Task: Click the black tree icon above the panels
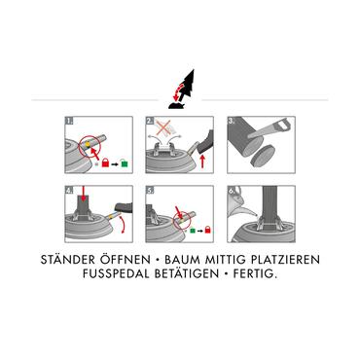pyautogui.click(x=188, y=86)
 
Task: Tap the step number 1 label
pyautogui.click(x=69, y=121)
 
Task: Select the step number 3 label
pyautogui.click(x=232, y=121)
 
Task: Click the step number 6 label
pyautogui.click(x=232, y=191)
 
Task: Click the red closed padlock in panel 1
pyautogui.click(x=105, y=162)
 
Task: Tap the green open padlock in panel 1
pyautogui.click(x=125, y=162)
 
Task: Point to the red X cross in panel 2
pyautogui.click(x=165, y=126)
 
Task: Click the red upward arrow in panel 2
pyautogui.click(x=202, y=162)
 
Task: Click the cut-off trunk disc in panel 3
pyautogui.click(x=263, y=155)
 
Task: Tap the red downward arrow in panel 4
pyautogui.click(x=84, y=193)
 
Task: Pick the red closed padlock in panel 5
pyautogui.click(x=208, y=230)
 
